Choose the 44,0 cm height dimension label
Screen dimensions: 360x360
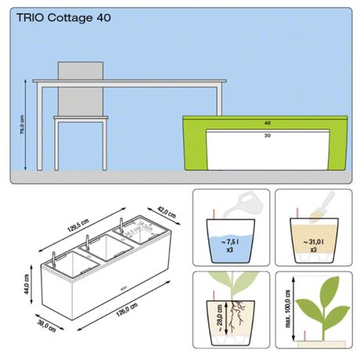(x=25, y=287)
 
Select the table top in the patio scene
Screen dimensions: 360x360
(x=129, y=81)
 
